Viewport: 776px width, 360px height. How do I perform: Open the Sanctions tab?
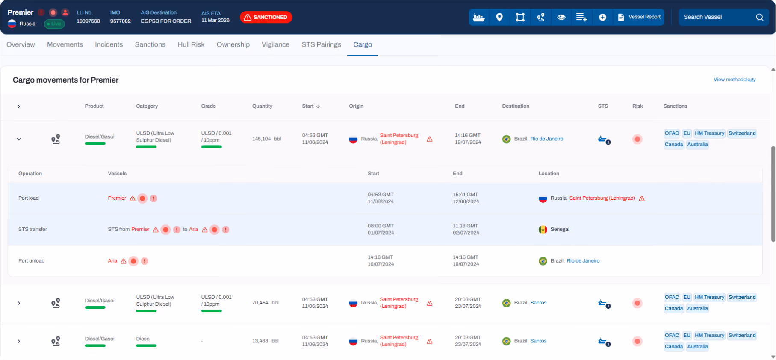click(150, 44)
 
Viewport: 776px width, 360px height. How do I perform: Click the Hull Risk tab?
click(191, 44)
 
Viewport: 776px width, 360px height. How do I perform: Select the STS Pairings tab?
click(321, 44)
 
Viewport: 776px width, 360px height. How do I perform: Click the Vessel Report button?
click(639, 17)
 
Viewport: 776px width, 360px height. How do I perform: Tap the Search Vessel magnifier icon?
click(759, 17)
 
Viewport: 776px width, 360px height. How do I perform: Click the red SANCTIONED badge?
click(266, 17)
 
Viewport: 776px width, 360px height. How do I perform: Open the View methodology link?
click(735, 80)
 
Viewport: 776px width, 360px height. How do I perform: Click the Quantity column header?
click(262, 106)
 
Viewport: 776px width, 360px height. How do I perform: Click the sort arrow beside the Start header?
click(318, 106)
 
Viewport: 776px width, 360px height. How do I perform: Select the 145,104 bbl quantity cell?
click(266, 139)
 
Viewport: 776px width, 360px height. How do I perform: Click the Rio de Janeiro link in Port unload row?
click(583, 261)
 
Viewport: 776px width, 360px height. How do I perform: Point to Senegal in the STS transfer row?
click(560, 230)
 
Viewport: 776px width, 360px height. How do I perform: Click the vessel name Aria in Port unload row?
click(112, 261)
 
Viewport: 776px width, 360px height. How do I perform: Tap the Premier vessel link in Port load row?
click(117, 198)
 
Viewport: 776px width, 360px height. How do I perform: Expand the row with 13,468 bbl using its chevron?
click(19, 341)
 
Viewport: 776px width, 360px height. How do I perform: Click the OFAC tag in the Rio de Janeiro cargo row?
click(672, 133)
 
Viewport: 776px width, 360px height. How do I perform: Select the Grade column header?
click(208, 106)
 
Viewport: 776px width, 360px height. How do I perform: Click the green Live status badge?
click(54, 24)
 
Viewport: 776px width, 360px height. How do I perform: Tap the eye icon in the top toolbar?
click(561, 17)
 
